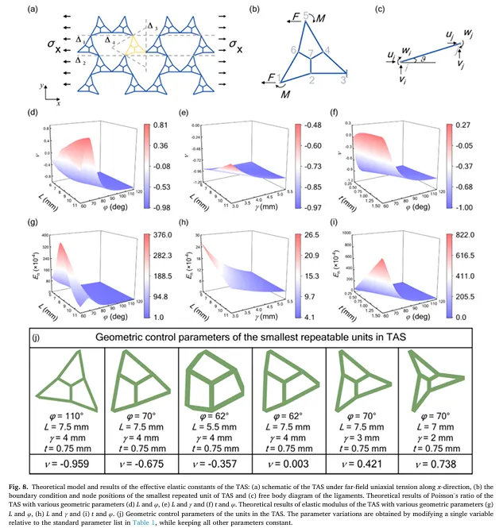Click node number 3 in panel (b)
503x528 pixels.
(x=343, y=80)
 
